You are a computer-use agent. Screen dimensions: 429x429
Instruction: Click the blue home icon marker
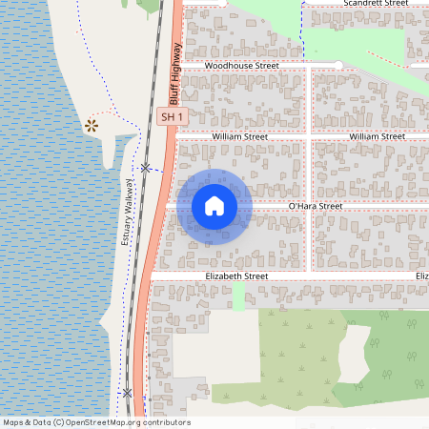click(x=214, y=206)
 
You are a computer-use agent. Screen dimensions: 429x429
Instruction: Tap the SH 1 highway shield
click(x=171, y=116)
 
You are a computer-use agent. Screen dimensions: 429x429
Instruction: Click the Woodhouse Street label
click(x=241, y=66)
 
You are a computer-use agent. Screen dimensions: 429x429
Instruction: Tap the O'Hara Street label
click(x=316, y=206)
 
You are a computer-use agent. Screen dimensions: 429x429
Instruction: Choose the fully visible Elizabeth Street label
click(x=236, y=276)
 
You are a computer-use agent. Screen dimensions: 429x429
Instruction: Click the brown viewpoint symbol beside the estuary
click(x=92, y=125)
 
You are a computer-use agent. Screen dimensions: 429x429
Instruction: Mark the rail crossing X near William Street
click(x=145, y=169)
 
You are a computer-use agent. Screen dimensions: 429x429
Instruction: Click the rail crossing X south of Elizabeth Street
click(x=127, y=393)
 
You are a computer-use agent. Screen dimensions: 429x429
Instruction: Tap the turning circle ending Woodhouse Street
click(x=338, y=65)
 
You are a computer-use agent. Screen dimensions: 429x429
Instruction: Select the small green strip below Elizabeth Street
click(x=238, y=296)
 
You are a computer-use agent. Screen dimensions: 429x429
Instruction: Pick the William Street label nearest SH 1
click(x=240, y=137)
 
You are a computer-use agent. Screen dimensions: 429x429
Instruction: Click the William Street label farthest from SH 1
click(x=378, y=137)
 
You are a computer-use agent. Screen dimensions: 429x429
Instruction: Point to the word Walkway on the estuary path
click(x=125, y=198)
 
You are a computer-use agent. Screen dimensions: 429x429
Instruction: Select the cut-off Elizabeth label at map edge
click(x=421, y=276)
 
